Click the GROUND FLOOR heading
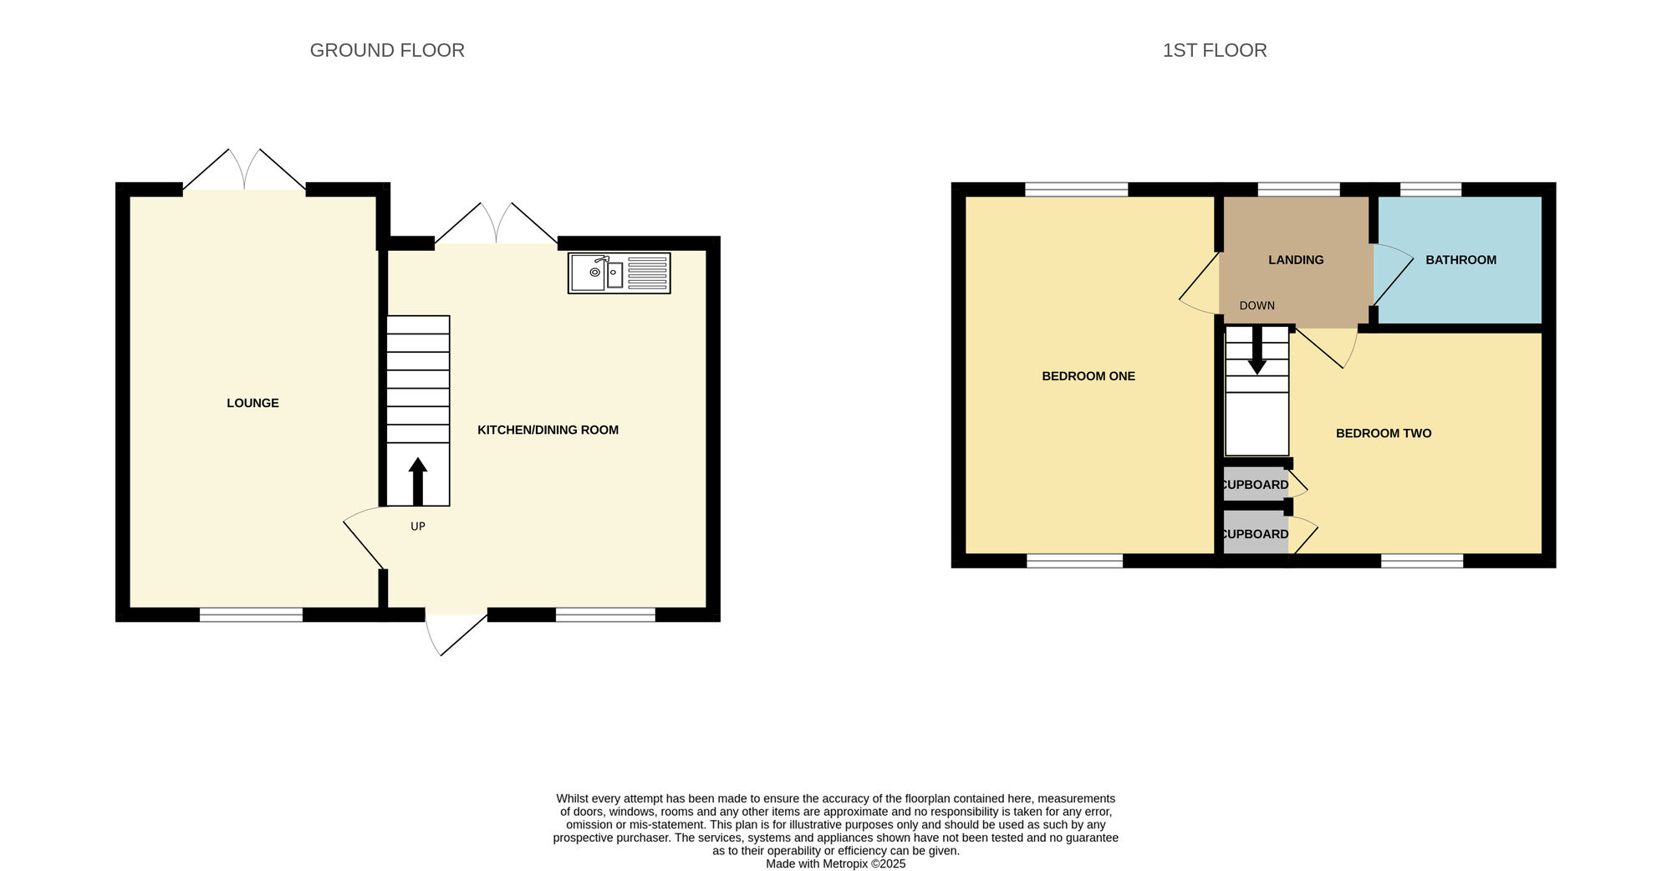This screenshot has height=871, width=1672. (x=387, y=50)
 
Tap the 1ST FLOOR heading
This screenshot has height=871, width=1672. (x=1215, y=50)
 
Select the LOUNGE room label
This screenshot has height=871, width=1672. (x=252, y=403)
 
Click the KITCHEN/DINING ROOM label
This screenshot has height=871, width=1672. (x=548, y=430)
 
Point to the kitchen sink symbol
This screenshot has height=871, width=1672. (x=619, y=273)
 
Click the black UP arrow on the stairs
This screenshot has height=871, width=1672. (x=418, y=481)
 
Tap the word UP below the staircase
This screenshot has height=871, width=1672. (x=418, y=527)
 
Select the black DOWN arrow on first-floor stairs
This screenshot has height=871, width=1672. (x=1257, y=350)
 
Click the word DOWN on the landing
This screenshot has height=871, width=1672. (x=1257, y=306)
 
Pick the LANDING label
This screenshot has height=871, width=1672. (x=1296, y=260)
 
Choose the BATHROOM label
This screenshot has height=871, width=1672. (x=1461, y=260)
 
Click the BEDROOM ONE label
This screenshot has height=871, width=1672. (x=1088, y=376)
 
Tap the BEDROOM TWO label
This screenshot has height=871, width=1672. (x=1384, y=433)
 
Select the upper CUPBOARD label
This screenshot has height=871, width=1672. (x=1255, y=485)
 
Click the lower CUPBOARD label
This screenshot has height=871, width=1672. (x=1255, y=534)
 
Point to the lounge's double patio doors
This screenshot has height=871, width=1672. (x=244, y=171)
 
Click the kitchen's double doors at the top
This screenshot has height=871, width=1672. (x=497, y=224)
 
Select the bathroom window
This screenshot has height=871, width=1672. (x=1430, y=190)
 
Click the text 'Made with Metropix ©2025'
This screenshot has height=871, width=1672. (x=836, y=863)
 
